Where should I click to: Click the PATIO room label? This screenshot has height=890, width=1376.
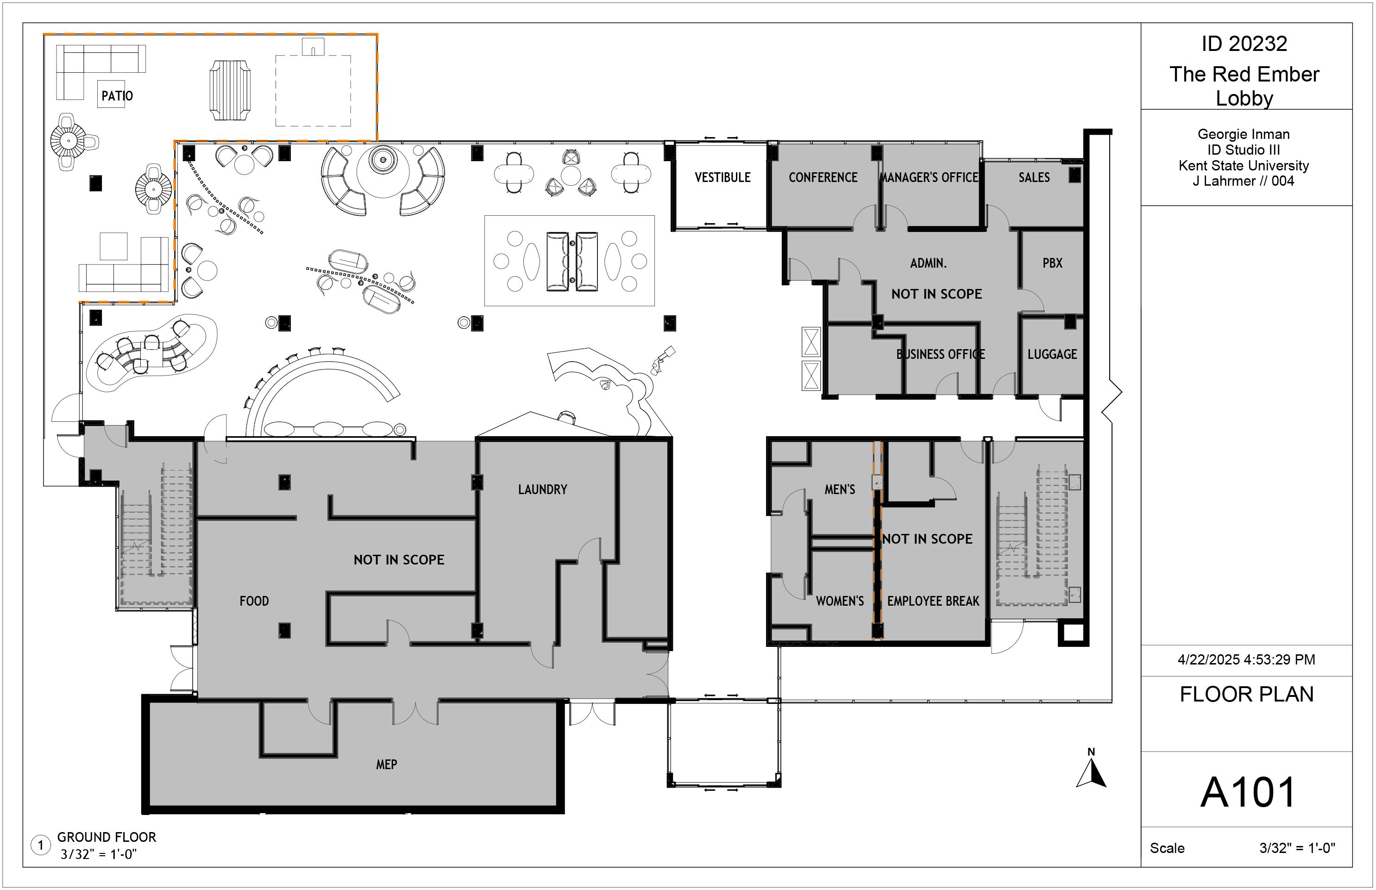[117, 96]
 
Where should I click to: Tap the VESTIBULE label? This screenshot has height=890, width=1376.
[723, 177]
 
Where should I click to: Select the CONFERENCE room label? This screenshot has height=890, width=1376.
[823, 177]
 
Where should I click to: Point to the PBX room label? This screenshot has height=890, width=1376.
[1052, 263]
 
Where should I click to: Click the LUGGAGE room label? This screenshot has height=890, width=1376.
[1052, 354]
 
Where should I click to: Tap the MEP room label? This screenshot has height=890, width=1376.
[387, 765]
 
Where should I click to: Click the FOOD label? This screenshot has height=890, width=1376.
[254, 601]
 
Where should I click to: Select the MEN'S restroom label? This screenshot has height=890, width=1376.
[840, 489]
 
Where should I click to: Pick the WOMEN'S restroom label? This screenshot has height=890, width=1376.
[840, 601]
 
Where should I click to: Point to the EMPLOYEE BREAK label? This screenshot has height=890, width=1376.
[933, 601]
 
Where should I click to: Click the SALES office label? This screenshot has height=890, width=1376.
[1034, 177]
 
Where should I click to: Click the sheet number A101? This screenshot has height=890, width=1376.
[1248, 792]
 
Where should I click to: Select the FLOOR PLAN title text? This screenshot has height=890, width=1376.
[1246, 694]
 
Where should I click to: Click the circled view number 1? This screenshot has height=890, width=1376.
[40, 846]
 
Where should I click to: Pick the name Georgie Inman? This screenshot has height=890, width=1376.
[1244, 135]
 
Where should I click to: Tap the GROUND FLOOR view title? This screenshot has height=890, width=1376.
[107, 837]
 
